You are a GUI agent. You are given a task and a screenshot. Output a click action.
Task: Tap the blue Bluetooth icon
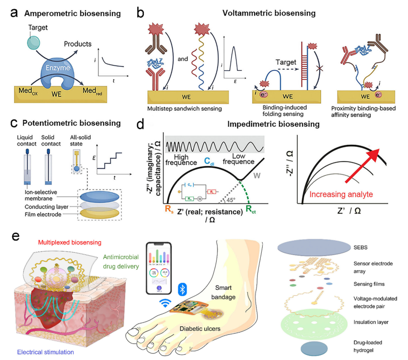coord(180,289)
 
